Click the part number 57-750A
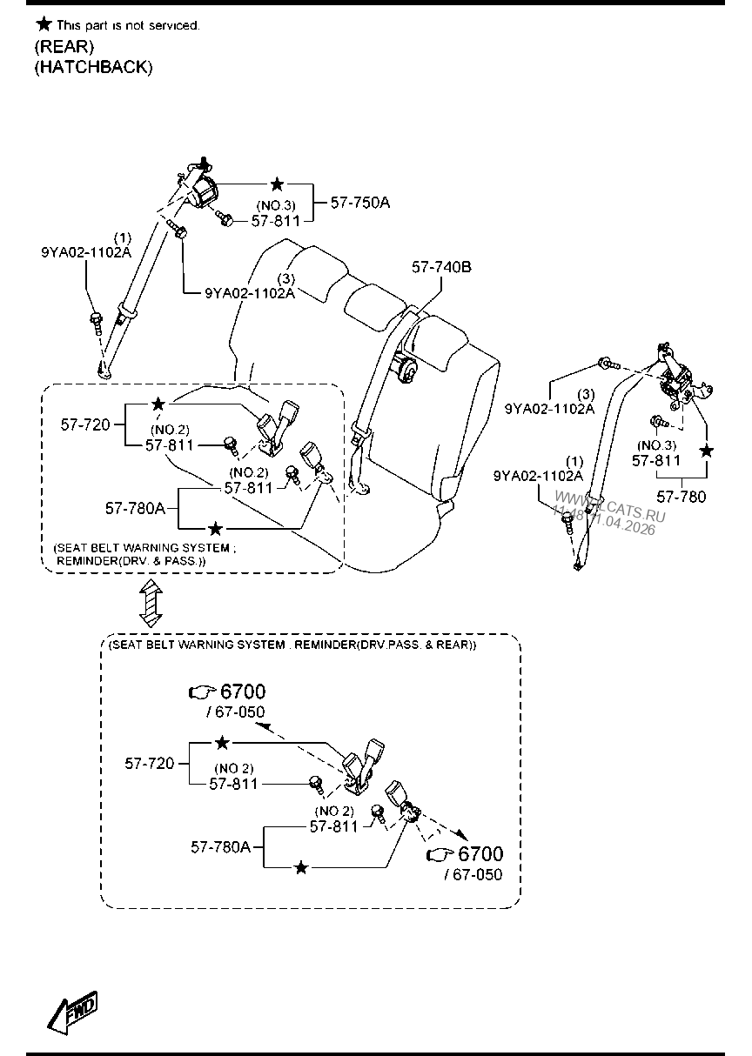[360, 203]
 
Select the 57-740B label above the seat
[441, 267]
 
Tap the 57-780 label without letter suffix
[681, 497]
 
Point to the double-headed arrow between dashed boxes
[150, 604]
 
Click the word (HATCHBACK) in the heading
[93, 67]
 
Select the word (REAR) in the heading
[64, 47]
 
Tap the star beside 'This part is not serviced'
[43, 24]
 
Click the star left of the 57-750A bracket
[277, 184]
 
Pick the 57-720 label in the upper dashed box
[85, 424]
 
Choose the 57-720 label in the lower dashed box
[149, 763]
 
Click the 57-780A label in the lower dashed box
[221, 845]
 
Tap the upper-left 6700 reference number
[243, 692]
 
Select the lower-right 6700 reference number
[480, 854]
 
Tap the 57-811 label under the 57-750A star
[277, 221]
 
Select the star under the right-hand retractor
[707, 451]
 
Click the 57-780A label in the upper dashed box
[135, 507]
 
